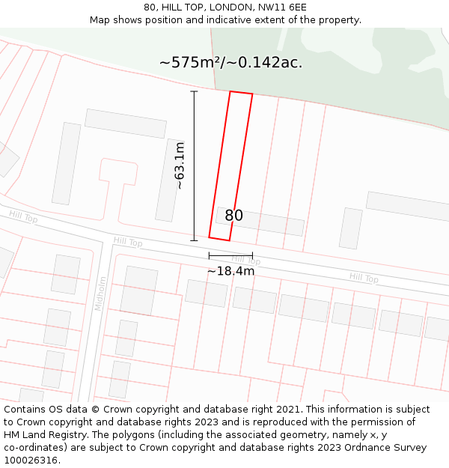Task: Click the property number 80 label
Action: click(233, 216)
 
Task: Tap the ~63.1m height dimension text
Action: click(179, 165)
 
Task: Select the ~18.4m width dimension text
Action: click(230, 271)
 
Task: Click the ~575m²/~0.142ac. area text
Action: click(230, 63)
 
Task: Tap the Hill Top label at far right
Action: click(364, 278)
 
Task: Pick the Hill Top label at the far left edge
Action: click(23, 217)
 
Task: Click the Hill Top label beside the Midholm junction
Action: click(127, 243)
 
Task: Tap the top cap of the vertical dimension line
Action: click(194, 91)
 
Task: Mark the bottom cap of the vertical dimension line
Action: click(194, 240)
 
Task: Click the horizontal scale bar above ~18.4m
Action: click(230, 256)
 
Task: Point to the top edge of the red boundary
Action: click(241, 93)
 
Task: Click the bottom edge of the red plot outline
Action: click(219, 239)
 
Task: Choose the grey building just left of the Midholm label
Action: click(66, 274)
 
